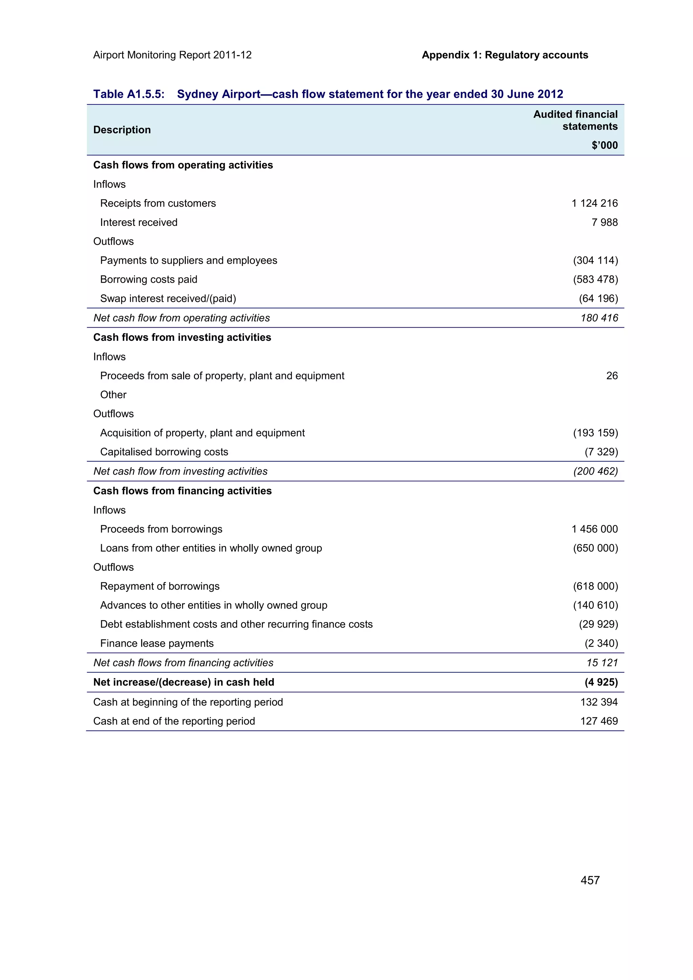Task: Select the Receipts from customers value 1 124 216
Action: point(595,203)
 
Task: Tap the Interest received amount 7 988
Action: point(604,223)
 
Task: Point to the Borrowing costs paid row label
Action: point(149,280)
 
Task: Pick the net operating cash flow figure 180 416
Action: point(599,318)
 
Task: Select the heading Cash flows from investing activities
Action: point(182,337)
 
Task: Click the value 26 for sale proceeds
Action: point(611,376)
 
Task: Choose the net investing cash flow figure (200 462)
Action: point(595,471)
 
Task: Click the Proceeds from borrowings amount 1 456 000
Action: point(595,529)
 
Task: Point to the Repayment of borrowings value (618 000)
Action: point(595,586)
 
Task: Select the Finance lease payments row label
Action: point(157,643)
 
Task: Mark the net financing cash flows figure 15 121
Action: point(602,662)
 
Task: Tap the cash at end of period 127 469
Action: point(599,721)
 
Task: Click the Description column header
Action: point(122,130)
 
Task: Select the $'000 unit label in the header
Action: point(604,145)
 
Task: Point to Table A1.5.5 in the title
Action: point(129,94)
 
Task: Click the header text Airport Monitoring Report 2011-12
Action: point(173,55)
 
